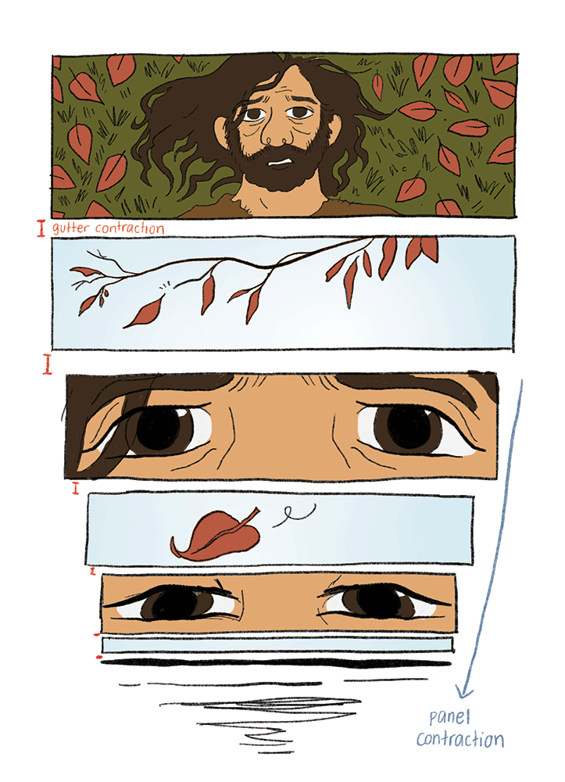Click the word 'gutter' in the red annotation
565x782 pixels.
pyautogui.click(x=71, y=228)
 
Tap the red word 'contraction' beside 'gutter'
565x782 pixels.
pyautogui.click(x=130, y=228)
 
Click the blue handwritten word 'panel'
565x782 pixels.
pyautogui.click(x=449, y=718)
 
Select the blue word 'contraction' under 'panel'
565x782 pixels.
pyautogui.click(x=460, y=739)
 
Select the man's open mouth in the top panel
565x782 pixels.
pyautogui.click(x=280, y=162)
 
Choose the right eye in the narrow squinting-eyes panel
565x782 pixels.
pyautogui.click(x=379, y=601)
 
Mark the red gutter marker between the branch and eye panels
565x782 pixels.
pyautogui.click(x=47, y=364)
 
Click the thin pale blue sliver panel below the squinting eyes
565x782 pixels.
pyautogui.click(x=277, y=645)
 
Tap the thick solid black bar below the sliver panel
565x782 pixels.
pyautogui.click(x=276, y=663)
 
